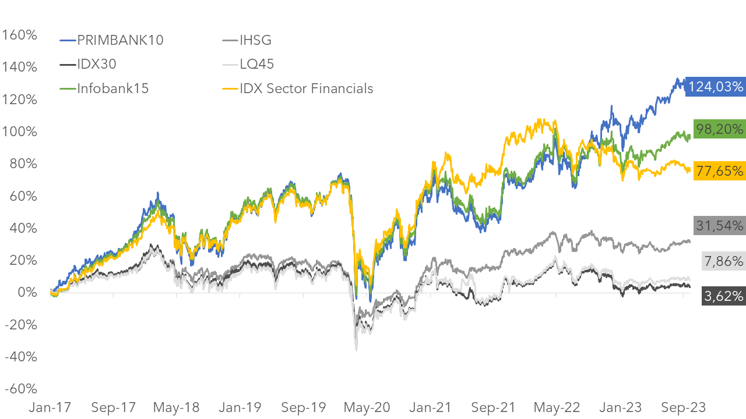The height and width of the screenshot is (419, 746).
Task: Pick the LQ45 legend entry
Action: tap(256, 64)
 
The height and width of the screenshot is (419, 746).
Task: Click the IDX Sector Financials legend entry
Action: tap(306, 88)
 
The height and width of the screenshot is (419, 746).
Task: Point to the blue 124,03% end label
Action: tap(716, 87)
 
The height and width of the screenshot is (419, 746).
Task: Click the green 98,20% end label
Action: tap(720, 129)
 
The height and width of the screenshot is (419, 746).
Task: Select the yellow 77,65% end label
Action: tap(720, 171)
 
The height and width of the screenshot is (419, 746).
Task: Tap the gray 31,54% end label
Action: tap(720, 225)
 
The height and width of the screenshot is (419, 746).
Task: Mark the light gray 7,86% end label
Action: tap(723, 261)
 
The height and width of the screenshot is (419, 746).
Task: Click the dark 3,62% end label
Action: tap(723, 296)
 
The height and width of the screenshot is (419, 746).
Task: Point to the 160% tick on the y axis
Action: tap(20, 35)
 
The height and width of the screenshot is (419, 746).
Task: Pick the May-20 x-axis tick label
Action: tap(365, 406)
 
